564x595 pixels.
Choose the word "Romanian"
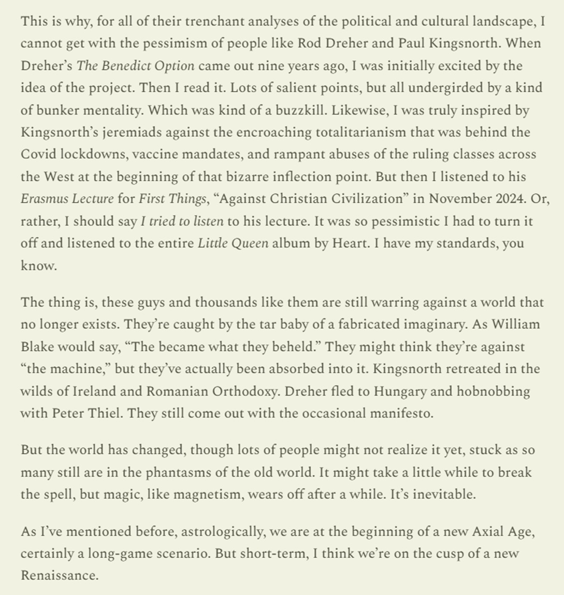[x=178, y=391]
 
